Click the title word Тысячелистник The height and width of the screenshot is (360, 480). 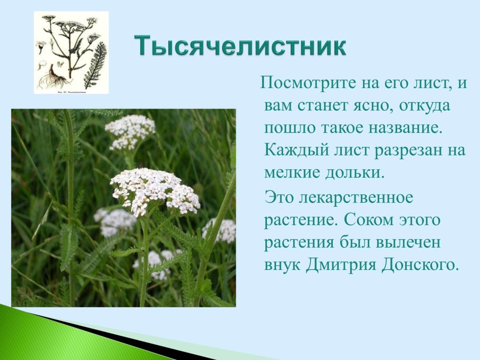tap(240, 46)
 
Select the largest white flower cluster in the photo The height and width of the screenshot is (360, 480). tap(154, 190)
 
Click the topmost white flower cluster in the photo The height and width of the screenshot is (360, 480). tap(130, 130)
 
